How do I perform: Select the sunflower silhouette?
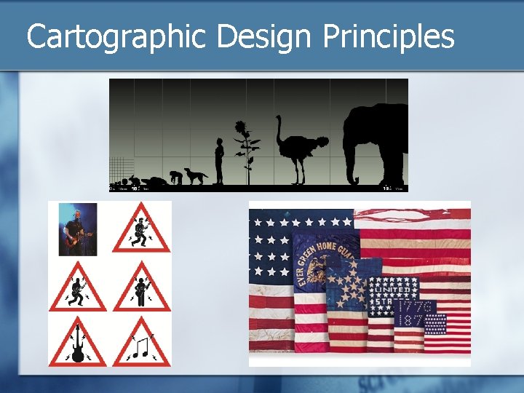[x=246, y=153]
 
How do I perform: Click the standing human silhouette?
[x=219, y=161]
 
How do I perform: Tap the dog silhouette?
[x=195, y=176]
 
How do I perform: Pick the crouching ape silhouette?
[x=175, y=177]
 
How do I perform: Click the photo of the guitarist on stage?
[x=79, y=229]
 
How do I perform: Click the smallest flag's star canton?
[x=435, y=325]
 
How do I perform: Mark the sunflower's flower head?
[x=243, y=132]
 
